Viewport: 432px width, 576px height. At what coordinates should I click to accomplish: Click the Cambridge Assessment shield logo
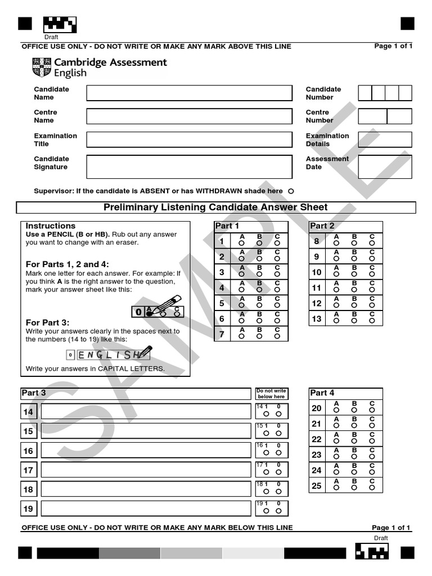[42, 67]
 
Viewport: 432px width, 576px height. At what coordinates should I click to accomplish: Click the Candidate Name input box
[189, 93]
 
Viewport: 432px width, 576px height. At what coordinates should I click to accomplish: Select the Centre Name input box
[189, 116]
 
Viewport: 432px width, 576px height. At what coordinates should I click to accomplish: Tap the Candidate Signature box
[189, 166]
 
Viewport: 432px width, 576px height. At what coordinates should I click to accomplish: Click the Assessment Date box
[385, 166]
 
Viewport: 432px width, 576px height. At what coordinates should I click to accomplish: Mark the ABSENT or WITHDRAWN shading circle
[291, 191]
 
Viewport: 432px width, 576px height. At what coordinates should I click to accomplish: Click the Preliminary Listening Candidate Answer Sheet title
[215, 208]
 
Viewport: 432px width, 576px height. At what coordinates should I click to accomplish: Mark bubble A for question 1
[241, 243]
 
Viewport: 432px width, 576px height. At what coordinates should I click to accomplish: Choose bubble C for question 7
[277, 336]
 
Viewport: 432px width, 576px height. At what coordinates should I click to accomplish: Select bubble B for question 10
[354, 274]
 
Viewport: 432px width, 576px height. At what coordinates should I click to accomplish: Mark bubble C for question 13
[372, 320]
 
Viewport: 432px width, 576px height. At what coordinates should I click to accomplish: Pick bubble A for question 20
[336, 409]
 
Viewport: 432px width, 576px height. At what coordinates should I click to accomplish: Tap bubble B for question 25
[354, 487]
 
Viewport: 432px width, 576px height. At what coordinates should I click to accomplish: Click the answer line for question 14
[146, 412]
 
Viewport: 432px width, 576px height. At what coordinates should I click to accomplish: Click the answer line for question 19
[146, 508]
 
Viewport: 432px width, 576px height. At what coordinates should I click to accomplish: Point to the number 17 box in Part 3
[28, 470]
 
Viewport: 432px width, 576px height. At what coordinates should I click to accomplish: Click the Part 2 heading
[322, 226]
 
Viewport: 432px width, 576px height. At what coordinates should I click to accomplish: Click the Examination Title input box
[189, 139]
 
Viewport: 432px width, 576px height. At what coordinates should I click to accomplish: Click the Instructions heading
[51, 226]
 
